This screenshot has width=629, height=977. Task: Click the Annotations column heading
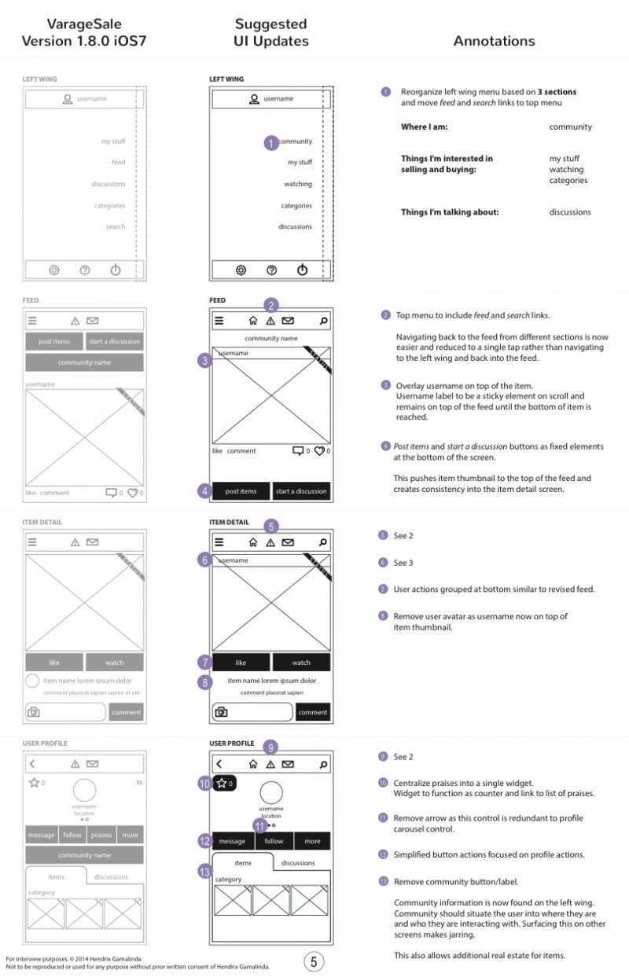494,41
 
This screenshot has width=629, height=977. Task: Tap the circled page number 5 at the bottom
314,961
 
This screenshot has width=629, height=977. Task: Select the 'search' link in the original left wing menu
116,227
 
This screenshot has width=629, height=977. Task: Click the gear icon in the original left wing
54,270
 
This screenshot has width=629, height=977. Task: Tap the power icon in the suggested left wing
302,270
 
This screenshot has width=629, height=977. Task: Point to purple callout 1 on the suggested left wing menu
270,143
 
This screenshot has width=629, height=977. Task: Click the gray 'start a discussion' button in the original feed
115,341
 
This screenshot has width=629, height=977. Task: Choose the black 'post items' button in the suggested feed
241,491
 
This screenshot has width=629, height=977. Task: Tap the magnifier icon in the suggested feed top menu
323,321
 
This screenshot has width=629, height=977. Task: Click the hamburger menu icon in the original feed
32,321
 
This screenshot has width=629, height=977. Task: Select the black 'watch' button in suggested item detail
301,663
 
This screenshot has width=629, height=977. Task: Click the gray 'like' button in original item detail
54,663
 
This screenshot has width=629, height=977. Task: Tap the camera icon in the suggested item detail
222,712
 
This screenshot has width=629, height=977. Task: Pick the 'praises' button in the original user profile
101,835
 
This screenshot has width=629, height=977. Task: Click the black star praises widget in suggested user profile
224,783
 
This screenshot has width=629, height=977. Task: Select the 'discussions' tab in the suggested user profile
298,863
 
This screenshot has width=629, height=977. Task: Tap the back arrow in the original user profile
32,763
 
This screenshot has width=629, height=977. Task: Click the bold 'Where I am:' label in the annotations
424,127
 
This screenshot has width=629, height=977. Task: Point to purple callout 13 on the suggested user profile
206,871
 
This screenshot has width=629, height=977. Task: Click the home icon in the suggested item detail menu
253,542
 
